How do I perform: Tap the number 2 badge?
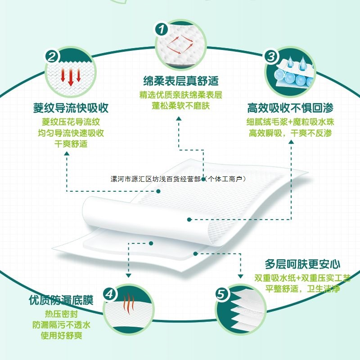pyautogui.click(x=52, y=57)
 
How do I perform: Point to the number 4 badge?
pyautogui.click(x=110, y=294)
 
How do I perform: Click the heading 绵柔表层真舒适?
pyautogui.click(x=180, y=81)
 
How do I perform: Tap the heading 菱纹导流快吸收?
pyautogui.click(x=71, y=108)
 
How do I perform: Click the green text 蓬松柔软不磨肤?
pyautogui.click(x=180, y=106)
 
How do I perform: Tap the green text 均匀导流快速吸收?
pyautogui.click(x=71, y=133)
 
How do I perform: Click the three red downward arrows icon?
pyautogui.click(x=71, y=76)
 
